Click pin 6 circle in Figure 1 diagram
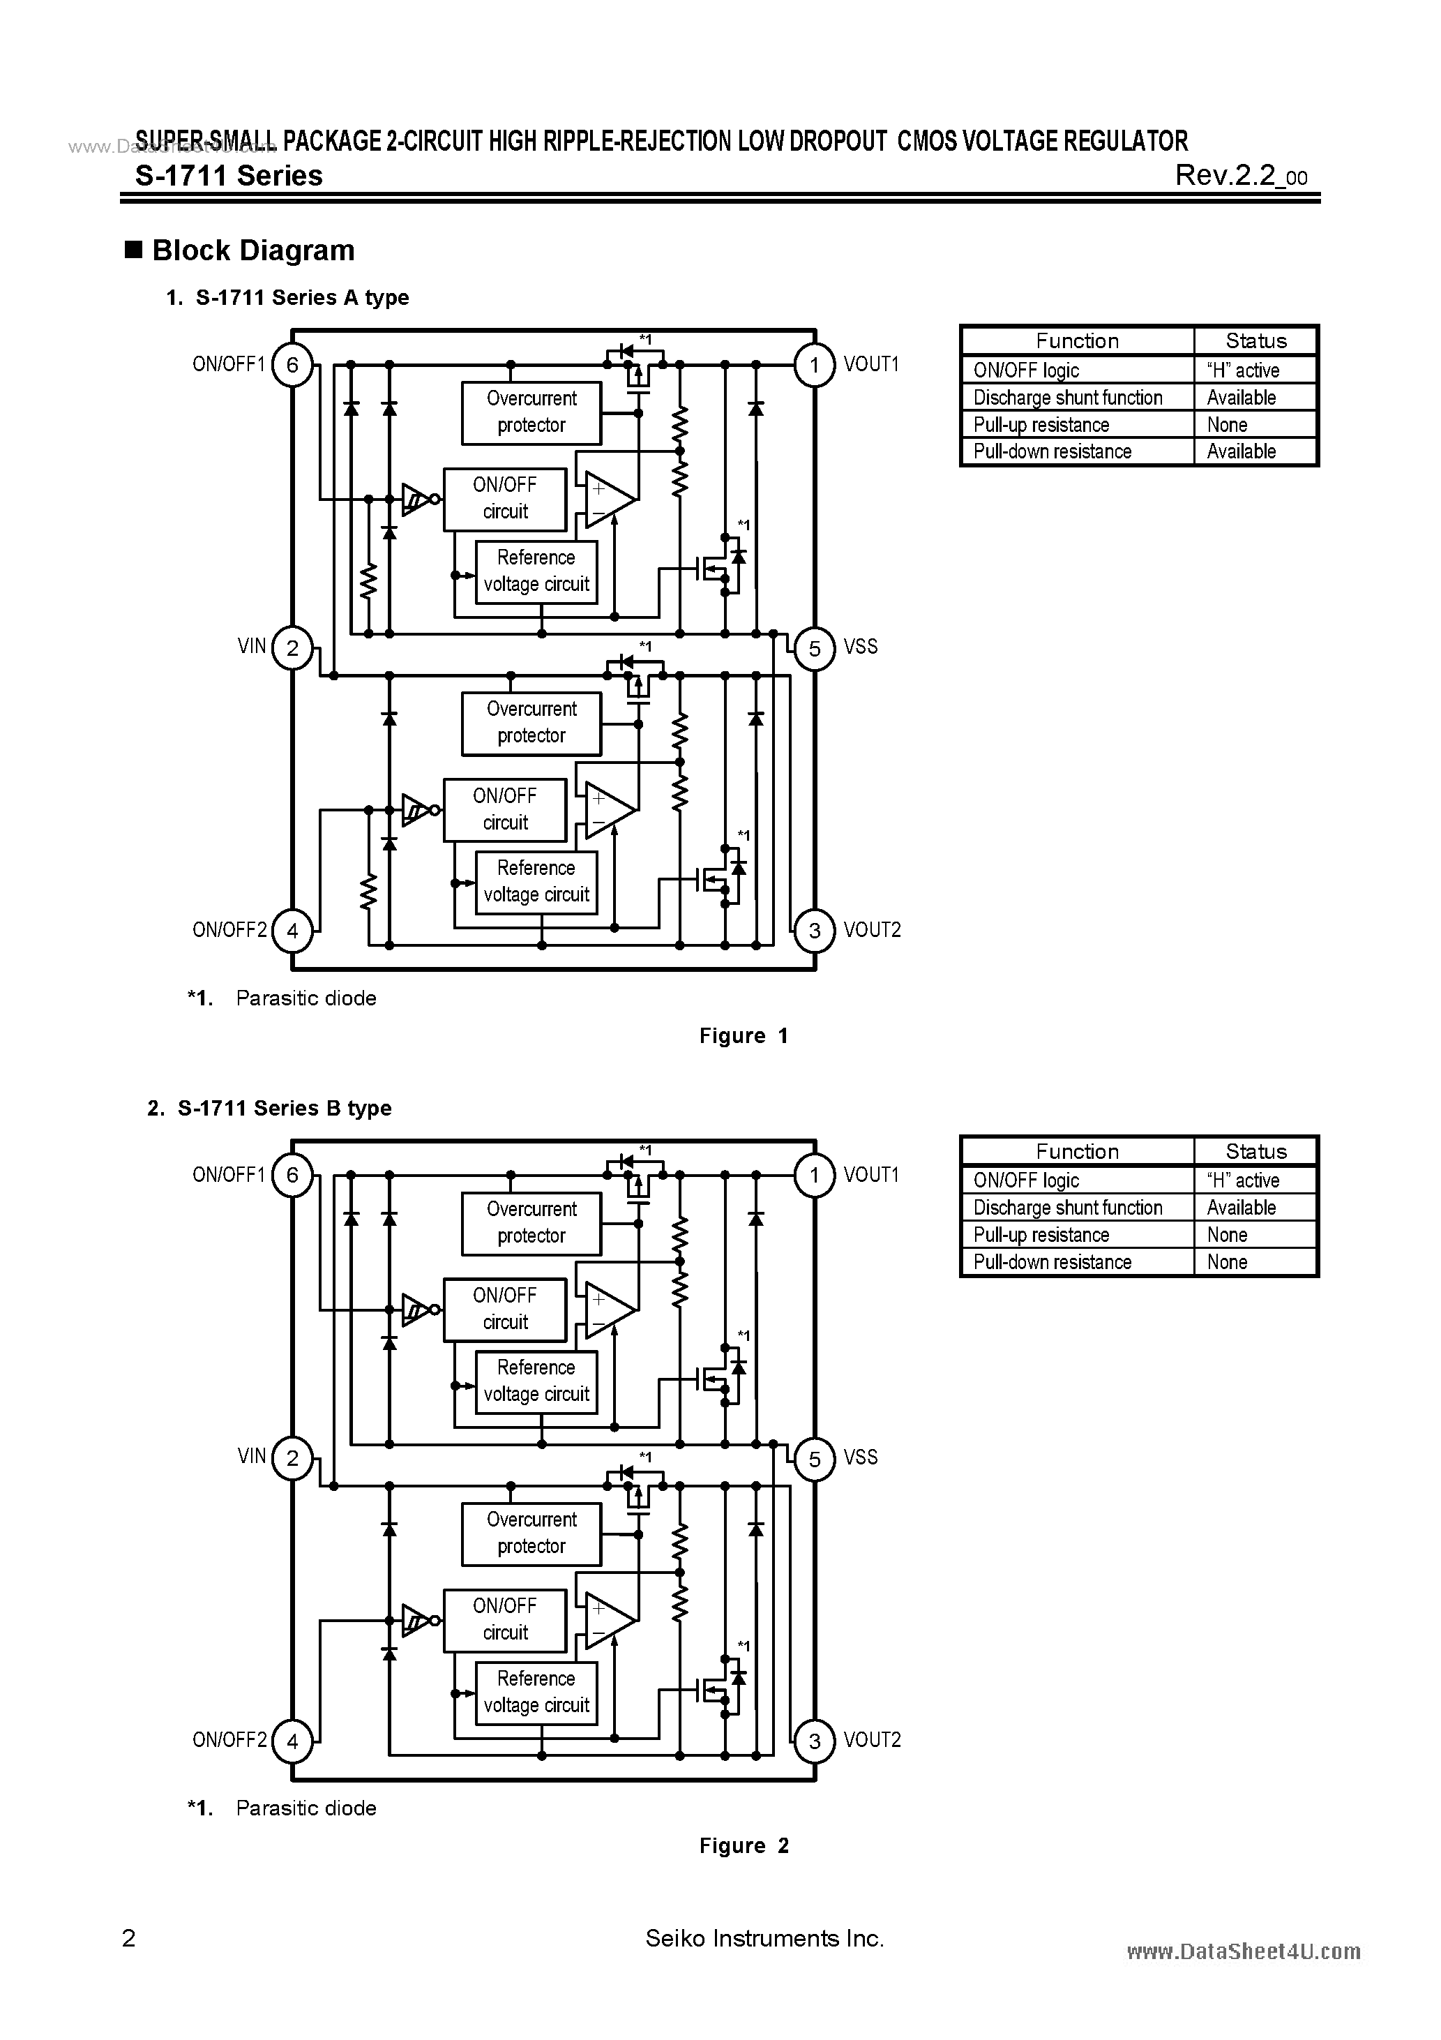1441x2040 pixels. click(x=292, y=365)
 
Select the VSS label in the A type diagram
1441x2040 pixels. click(x=860, y=647)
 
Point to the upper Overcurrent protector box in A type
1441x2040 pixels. click(x=531, y=412)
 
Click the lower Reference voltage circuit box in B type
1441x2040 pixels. click(x=536, y=1693)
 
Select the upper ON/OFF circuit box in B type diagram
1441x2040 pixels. click(x=504, y=1310)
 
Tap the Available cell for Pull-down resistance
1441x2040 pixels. click(x=1241, y=451)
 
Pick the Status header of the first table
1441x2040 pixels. click(x=1255, y=341)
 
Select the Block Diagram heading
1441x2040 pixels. click(x=253, y=250)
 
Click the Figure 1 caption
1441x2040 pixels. click(x=744, y=1036)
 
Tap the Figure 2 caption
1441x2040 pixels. click(x=744, y=1846)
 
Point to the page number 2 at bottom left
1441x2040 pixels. click(x=129, y=1939)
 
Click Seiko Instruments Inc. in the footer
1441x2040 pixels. click(x=764, y=1939)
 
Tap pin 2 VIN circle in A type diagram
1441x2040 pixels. click(x=292, y=647)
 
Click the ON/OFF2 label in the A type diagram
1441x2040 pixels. click(x=229, y=930)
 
